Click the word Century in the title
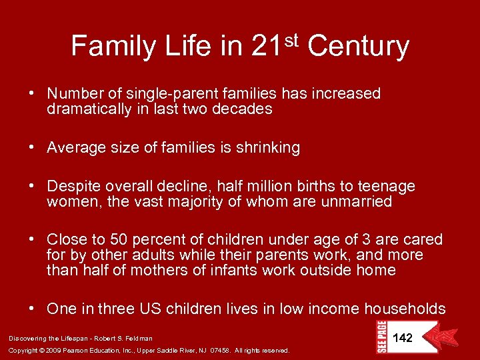pos(359,47)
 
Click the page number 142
pos(402,338)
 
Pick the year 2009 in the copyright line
pos(53,350)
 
